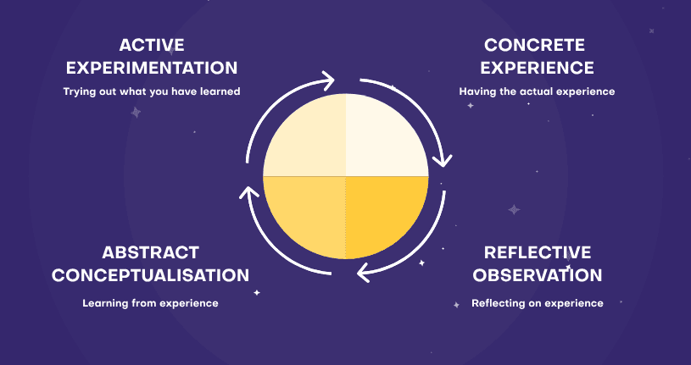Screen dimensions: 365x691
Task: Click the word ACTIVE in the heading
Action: click(x=152, y=45)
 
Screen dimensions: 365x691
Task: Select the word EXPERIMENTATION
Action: click(x=152, y=68)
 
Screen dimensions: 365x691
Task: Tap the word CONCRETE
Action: click(x=536, y=45)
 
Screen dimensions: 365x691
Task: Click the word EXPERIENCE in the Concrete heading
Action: click(x=536, y=68)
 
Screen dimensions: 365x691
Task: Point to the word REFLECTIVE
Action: click(x=537, y=252)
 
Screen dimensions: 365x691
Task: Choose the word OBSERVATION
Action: click(x=538, y=275)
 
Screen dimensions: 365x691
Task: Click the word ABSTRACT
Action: click(x=151, y=252)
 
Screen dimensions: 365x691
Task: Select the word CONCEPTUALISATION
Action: click(x=151, y=275)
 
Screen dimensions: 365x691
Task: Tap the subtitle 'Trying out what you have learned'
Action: click(x=152, y=91)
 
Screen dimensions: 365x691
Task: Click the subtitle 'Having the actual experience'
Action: click(x=537, y=91)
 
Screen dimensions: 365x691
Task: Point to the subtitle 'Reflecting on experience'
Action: click(x=538, y=302)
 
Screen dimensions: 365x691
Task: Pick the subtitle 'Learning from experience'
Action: click(x=151, y=302)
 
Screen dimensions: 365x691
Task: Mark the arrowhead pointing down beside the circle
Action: click(x=443, y=158)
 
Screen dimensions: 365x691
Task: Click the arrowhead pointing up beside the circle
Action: click(x=248, y=193)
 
